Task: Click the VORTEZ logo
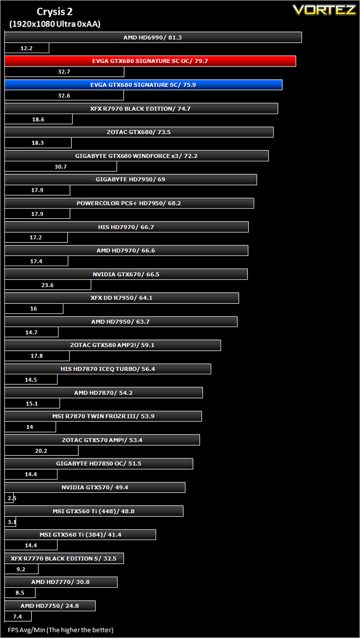click(324, 10)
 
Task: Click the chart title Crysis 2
click(55, 12)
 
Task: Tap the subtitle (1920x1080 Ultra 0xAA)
click(55, 24)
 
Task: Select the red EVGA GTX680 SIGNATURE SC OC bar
click(150, 61)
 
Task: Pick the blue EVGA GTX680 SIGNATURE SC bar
click(144, 85)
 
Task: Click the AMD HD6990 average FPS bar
click(153, 37)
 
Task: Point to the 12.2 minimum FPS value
click(27, 48)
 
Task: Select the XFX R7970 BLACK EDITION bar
click(141, 109)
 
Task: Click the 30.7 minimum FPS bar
click(61, 166)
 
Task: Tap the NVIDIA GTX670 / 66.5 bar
click(126, 274)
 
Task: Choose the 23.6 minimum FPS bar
click(48, 285)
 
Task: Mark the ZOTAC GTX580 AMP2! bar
click(113, 345)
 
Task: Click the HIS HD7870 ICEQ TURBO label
click(107, 369)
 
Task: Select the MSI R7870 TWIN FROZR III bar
click(103, 416)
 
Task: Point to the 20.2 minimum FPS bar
click(42, 451)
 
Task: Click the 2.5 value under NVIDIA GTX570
click(12, 498)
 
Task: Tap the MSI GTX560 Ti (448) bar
click(94, 511)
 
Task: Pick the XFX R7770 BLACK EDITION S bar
click(64, 558)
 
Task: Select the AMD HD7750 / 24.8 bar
click(50, 606)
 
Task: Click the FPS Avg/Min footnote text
click(60, 630)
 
